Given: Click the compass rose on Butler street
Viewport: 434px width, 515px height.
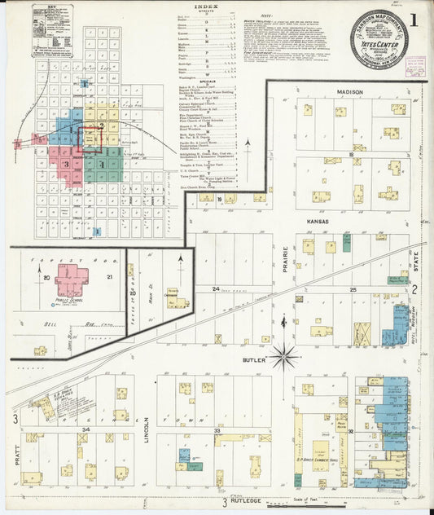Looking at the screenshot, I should pos(285,354).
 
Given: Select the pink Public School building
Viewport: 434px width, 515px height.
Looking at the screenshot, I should pos(71,280).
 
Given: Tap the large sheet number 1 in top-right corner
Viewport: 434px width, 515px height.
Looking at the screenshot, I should pos(417,19).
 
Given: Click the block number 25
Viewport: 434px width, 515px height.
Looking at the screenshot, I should pos(353,289).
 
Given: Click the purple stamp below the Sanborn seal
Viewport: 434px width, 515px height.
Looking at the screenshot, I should pos(415,66).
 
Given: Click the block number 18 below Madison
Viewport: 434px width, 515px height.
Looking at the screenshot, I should pos(352,153).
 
